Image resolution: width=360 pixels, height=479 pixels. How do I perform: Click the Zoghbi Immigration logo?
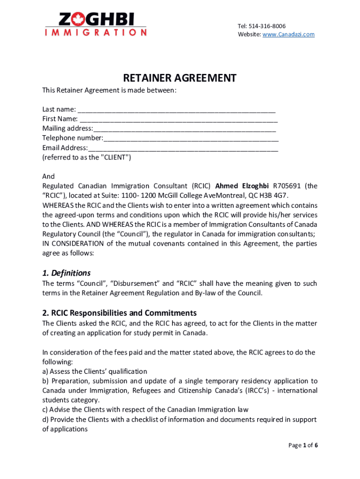(96, 24)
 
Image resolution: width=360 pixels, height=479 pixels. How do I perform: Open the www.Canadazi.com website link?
(288, 35)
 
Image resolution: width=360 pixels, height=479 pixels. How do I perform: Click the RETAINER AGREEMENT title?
(180, 78)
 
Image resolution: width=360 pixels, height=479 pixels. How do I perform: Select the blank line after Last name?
(177, 110)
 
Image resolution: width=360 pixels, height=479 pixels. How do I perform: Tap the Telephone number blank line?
(191, 138)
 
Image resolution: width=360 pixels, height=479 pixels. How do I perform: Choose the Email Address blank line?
(183, 148)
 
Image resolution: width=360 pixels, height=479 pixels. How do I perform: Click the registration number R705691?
(287, 186)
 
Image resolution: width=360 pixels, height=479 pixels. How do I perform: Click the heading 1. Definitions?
(66, 273)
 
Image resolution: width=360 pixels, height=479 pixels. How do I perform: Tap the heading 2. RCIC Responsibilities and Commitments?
(119, 313)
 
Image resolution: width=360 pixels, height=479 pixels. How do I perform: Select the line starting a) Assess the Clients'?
(94, 371)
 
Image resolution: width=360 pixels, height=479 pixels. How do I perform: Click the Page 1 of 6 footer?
(302, 445)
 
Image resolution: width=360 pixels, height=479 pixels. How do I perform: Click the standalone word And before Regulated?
(48, 177)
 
